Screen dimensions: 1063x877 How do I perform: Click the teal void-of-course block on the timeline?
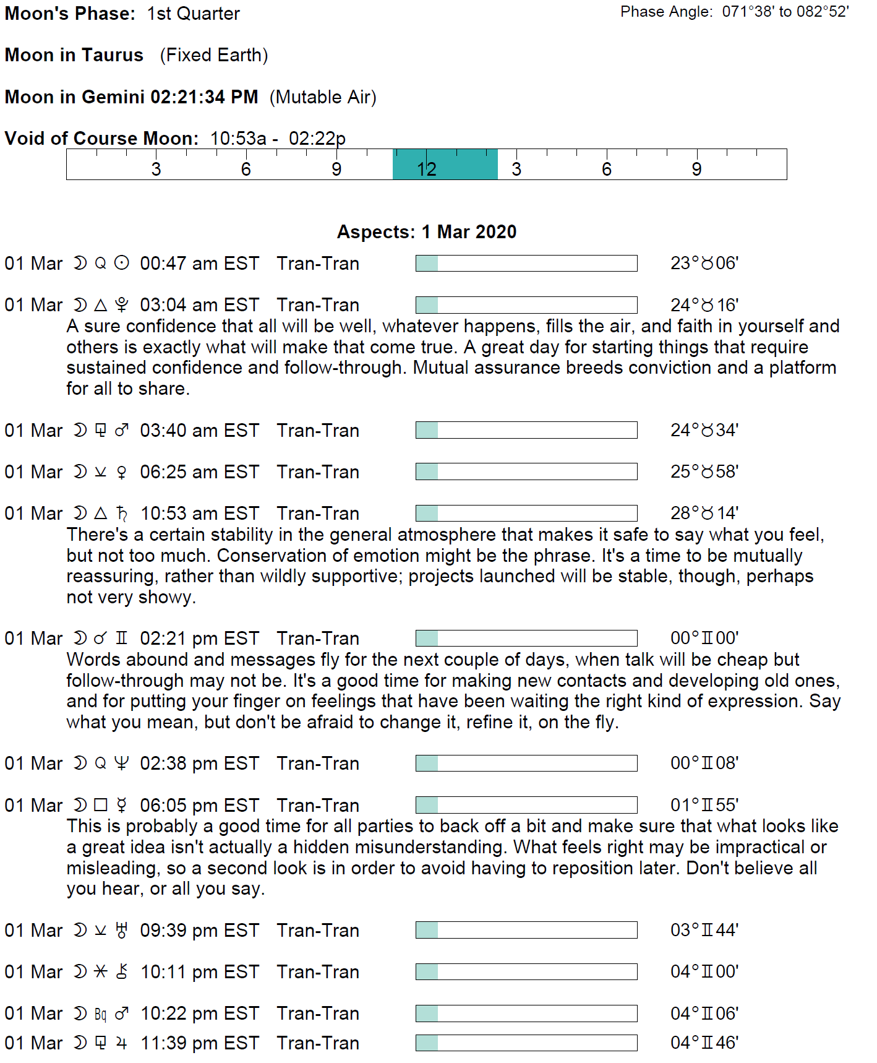pos(445,165)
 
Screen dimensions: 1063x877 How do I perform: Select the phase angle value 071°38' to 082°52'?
pos(785,12)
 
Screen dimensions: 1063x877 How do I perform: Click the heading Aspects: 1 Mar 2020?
pos(426,231)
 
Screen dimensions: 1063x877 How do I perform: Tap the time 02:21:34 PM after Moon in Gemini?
pos(204,97)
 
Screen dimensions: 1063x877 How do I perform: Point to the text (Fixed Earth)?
pos(213,55)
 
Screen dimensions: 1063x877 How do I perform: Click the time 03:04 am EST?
pos(199,305)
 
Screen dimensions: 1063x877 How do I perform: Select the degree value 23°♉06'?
pos(704,263)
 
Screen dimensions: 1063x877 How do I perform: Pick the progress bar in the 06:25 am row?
pos(526,471)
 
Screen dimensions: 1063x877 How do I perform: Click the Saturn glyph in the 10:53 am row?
pos(122,513)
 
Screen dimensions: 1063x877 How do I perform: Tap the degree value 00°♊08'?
pos(704,763)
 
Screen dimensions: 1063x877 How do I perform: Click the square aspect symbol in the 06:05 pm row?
pos(100,804)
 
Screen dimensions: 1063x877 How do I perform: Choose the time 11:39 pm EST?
pos(199,1043)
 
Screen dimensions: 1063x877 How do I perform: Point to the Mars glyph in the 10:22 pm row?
pos(122,1013)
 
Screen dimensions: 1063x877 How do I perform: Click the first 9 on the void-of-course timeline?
pos(336,169)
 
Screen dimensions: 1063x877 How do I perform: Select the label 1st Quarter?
pos(193,14)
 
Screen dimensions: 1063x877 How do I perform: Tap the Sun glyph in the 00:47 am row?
pos(122,263)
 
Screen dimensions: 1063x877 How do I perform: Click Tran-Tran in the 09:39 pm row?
pos(317,930)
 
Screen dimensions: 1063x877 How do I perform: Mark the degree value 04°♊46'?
pos(704,1043)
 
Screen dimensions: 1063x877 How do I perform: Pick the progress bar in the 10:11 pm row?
pos(526,971)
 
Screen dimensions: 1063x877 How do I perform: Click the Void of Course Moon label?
pos(101,138)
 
